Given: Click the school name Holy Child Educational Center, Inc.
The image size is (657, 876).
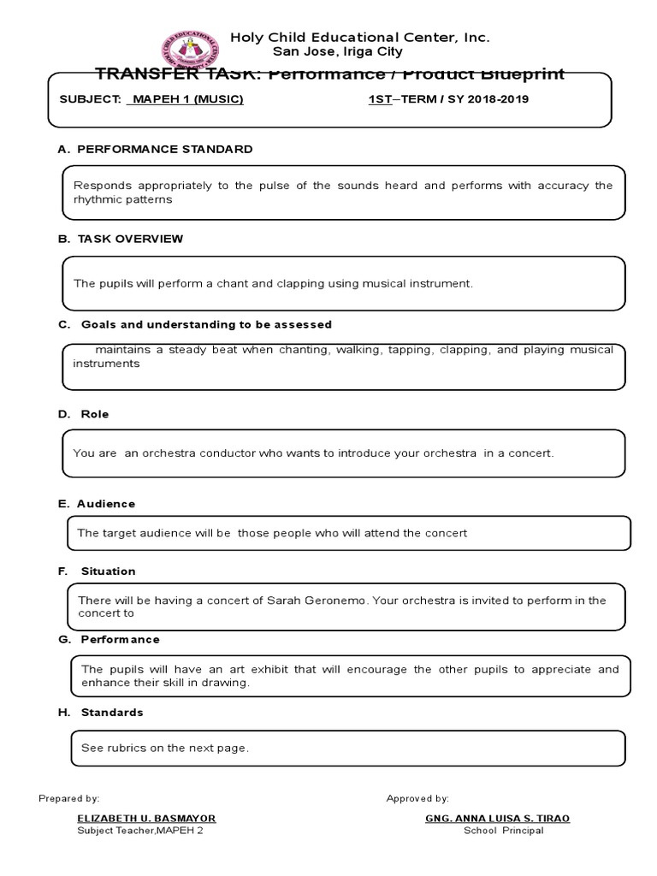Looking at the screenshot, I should click(359, 38).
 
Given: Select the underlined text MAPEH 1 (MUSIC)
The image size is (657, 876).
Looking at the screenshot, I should click(186, 99).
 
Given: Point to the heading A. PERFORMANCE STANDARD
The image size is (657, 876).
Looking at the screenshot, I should click(155, 149).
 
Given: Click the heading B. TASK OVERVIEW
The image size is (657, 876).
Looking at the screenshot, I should click(121, 239).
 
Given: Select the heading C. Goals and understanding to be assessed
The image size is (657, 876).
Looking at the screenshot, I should click(195, 325).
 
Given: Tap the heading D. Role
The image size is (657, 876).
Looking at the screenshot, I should click(84, 414).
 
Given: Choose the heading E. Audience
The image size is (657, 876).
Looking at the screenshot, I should click(97, 504).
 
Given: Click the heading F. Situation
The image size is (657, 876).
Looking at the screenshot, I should click(97, 571).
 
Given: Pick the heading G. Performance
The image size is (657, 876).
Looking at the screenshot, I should click(109, 639).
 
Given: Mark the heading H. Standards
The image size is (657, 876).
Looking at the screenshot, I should click(101, 712).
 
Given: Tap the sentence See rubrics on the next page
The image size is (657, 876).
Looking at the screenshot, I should click(165, 748).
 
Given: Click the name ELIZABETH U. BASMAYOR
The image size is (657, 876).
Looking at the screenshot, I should click(146, 818).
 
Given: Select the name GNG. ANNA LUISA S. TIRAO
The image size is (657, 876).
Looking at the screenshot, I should click(497, 818).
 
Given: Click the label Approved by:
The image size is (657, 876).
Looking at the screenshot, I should click(417, 798).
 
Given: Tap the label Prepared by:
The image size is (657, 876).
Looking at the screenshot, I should click(69, 798).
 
